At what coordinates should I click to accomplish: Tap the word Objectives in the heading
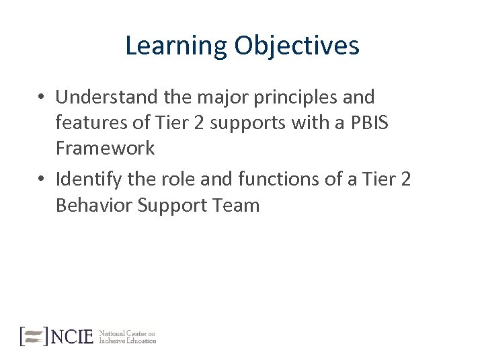(296, 46)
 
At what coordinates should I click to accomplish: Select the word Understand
(107, 97)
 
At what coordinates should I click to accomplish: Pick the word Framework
(105, 148)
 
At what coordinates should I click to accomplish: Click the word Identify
(85, 179)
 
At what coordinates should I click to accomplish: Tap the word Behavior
(94, 205)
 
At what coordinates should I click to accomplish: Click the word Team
(236, 205)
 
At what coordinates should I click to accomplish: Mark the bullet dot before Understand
(42, 98)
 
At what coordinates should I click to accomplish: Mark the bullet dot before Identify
(42, 180)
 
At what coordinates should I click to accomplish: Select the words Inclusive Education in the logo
(128, 341)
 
